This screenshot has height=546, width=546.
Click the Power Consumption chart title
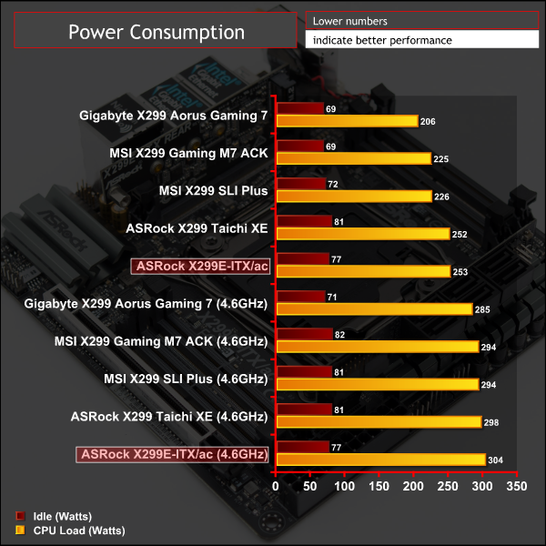(x=157, y=33)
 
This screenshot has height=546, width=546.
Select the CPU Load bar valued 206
(x=347, y=121)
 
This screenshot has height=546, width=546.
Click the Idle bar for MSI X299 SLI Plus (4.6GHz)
(x=304, y=372)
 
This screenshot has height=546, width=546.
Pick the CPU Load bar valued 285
(x=374, y=309)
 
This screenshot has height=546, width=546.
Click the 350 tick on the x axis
(x=516, y=487)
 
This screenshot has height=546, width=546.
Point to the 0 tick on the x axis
(x=276, y=487)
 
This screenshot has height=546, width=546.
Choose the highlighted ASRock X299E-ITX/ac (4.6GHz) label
(x=174, y=454)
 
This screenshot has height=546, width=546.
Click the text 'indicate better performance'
(x=381, y=40)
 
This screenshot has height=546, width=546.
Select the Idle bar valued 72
(x=300, y=185)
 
